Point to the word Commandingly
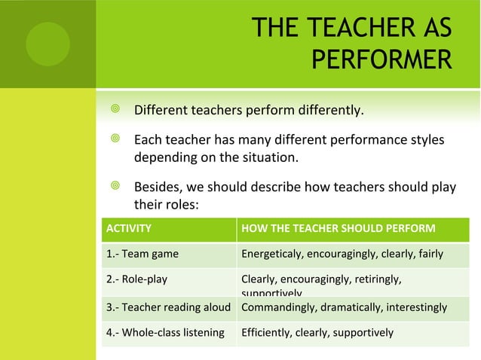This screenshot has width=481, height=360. click(278, 307)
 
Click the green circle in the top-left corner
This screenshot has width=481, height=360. click(47, 43)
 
